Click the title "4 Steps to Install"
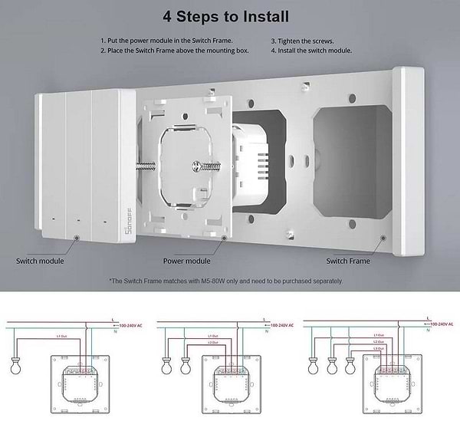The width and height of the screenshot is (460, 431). pos(230,15)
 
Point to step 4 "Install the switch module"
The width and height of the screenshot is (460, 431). pos(311,51)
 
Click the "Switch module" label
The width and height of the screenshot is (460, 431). pos(40,261)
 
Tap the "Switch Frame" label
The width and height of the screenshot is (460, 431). pos(349,261)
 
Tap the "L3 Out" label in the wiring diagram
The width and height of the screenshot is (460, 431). pos(379,349)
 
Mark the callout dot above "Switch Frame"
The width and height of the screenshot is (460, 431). pos(382,238)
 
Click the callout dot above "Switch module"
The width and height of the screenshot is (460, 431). pos(77,238)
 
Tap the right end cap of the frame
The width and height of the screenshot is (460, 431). pos(408,161)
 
